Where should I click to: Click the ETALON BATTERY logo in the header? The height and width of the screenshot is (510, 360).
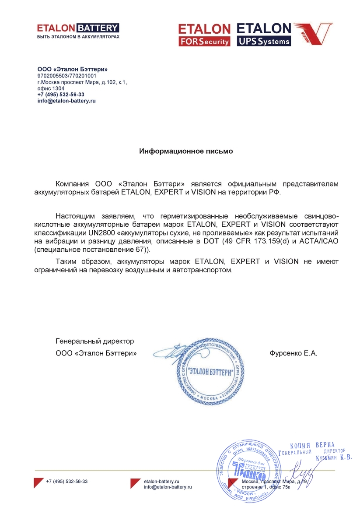point(77,28)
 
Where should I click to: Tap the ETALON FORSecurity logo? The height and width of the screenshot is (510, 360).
point(204,35)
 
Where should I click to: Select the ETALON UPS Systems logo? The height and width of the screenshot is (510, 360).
point(264,35)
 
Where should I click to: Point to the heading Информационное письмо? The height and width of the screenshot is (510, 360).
point(186,151)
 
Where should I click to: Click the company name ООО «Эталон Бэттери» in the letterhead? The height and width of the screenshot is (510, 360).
point(72,69)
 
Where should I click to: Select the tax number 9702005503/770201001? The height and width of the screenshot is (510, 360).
point(67,75)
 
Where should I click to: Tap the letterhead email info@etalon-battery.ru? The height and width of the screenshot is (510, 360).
point(66,101)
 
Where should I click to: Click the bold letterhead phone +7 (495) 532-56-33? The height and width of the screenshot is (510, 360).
point(61,95)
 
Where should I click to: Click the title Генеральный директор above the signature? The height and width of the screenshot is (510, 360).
point(94,341)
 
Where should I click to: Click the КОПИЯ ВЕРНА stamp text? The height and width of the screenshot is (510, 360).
point(312,445)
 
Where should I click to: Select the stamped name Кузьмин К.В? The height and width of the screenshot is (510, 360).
point(334,457)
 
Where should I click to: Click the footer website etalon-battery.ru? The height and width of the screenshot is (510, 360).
point(162,481)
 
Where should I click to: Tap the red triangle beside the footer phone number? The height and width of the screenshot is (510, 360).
point(38,483)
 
